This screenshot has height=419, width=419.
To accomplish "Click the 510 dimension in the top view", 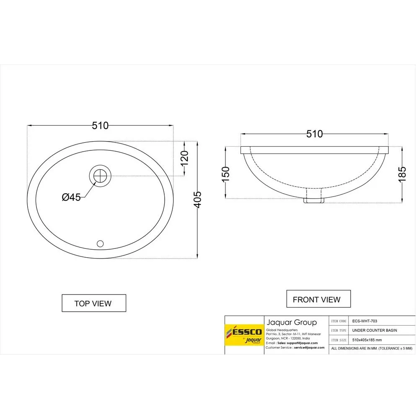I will point(100,125).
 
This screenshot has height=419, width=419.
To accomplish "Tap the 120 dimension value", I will point(184,158).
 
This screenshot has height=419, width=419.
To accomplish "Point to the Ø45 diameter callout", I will point(71,197).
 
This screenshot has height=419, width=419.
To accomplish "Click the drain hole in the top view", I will point(101,175).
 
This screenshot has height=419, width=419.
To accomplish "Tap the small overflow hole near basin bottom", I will point(100,243).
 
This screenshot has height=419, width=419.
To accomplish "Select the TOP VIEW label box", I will point(93,303).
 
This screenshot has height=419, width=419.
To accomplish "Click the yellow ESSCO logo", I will point(244,335).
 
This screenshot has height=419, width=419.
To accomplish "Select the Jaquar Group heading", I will point(292,322).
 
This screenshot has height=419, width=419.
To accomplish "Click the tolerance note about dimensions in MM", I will point(372,349).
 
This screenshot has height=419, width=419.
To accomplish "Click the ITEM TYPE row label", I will point(339,331).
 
